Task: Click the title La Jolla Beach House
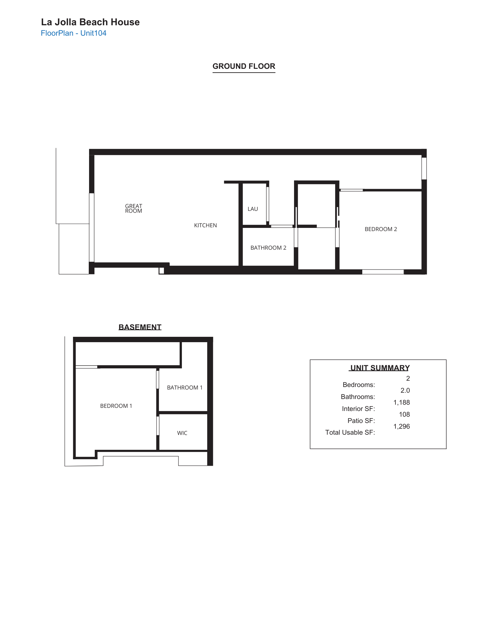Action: coord(90,22)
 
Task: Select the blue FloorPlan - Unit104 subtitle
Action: coord(74,33)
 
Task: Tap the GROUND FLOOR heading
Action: coord(244,66)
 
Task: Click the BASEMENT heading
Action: coord(140,327)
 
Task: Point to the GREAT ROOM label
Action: coord(134,208)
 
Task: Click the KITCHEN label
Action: coord(205,225)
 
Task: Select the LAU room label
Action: coord(253,209)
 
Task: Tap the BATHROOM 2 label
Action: coord(268,248)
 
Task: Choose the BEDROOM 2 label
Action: coord(381,229)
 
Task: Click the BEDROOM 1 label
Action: coord(116,406)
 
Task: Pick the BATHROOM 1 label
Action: coord(184,388)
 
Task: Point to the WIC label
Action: coord(182,433)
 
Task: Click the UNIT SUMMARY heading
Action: coord(380,368)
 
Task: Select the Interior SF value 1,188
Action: coord(401,402)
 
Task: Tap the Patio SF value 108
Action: coord(404,414)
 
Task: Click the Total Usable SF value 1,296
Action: coord(401,426)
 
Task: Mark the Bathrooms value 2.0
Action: coord(405,390)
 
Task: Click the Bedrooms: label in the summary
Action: coord(359,385)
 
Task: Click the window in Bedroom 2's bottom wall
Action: coord(383,272)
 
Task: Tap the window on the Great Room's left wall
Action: coord(92,227)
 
